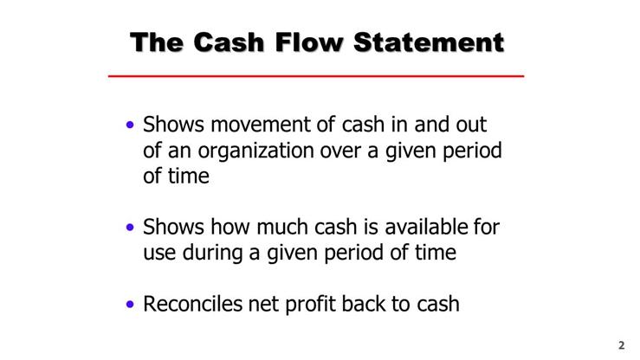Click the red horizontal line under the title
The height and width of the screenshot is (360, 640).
tap(316, 77)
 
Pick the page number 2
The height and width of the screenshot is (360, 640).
tap(621, 344)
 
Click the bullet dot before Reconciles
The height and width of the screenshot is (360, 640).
tap(130, 305)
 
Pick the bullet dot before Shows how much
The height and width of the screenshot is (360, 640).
tap(130, 228)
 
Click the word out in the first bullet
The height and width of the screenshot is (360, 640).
tap(485, 125)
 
